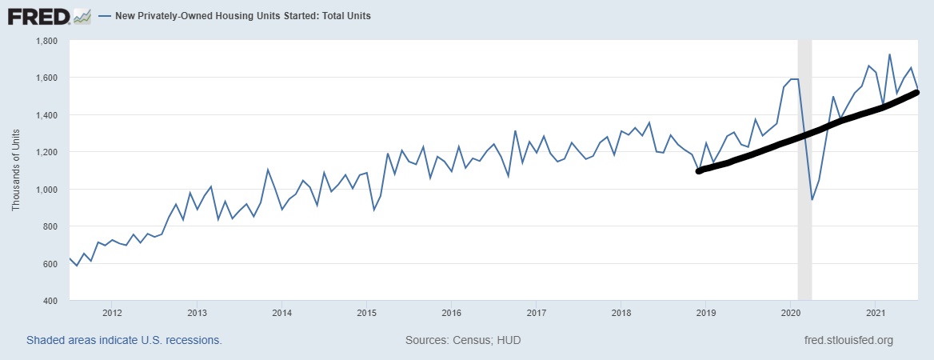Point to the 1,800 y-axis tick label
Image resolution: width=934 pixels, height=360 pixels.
tap(46, 40)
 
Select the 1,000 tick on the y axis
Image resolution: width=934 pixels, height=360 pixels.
tap(46, 190)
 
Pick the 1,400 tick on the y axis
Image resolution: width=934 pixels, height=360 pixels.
tap(46, 115)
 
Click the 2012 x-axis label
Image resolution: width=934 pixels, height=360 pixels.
tap(111, 312)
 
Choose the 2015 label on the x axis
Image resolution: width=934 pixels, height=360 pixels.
tap(366, 312)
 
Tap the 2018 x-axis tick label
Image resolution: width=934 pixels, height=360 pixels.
tap(621, 312)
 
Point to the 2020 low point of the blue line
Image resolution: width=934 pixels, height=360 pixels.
tap(812, 199)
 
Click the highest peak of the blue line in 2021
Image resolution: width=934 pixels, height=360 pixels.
tap(889, 54)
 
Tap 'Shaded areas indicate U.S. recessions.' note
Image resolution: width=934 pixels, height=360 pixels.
tap(124, 340)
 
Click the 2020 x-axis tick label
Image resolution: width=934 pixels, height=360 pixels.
tap(790, 312)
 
